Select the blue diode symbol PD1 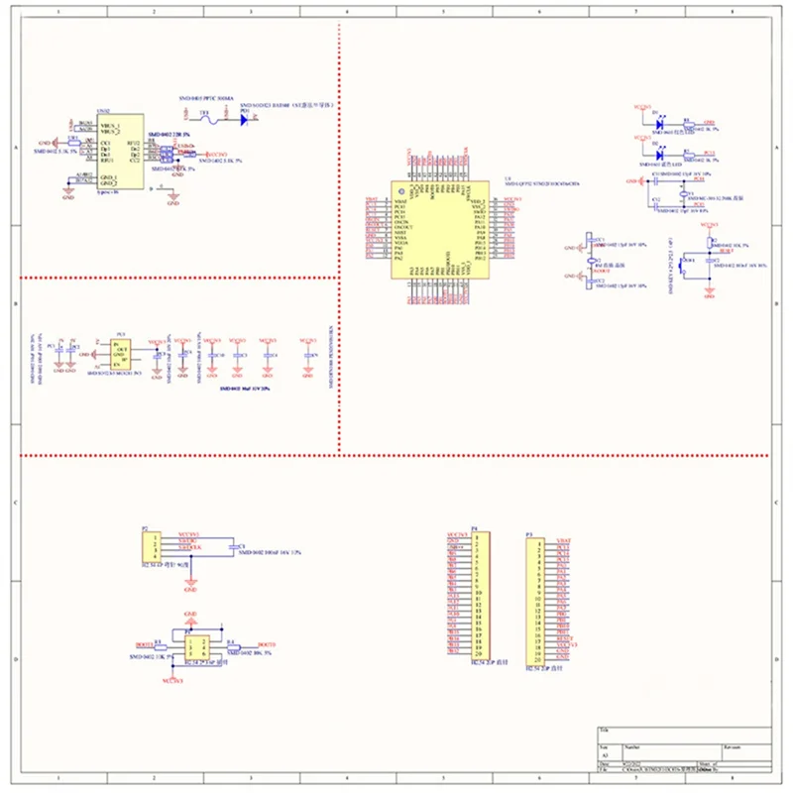(244, 118)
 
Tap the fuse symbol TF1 (205, 117)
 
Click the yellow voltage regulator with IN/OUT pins (121, 355)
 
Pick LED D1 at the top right (659, 124)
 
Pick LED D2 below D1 (659, 154)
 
